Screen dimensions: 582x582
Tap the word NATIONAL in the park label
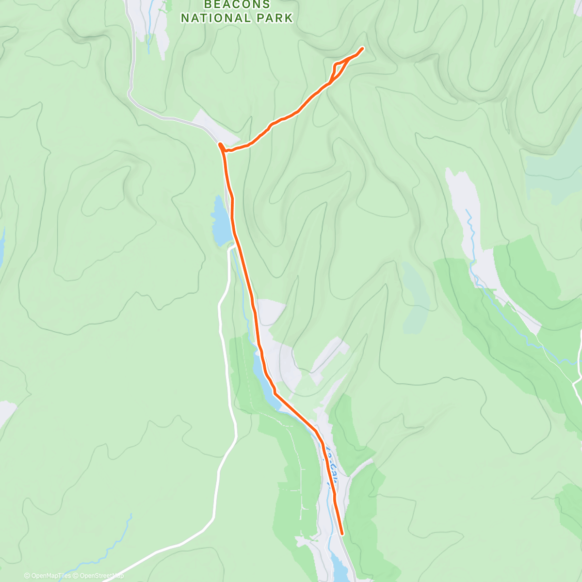click(x=215, y=18)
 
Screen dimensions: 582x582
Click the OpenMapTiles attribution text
click(x=48, y=576)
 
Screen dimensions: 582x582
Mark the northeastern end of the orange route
click(x=363, y=48)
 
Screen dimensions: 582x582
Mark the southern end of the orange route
click(x=342, y=534)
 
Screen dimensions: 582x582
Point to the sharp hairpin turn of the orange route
click(x=220, y=145)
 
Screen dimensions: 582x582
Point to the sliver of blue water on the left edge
click(x=2, y=247)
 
